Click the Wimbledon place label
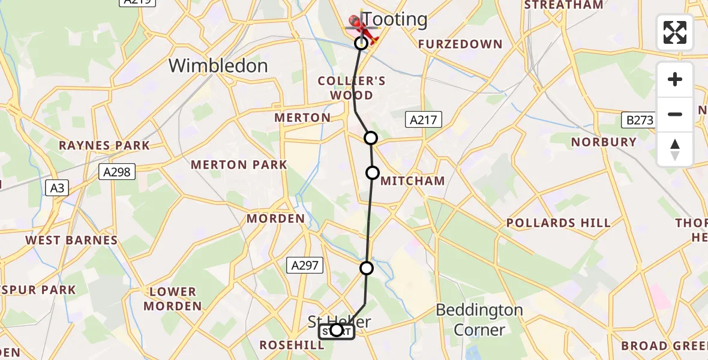(218, 65)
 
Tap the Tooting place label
(395, 19)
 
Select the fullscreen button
(675, 32)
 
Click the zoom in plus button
(675, 79)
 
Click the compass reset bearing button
(675, 149)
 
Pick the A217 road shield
(424, 120)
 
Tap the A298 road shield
(116, 172)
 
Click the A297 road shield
(306, 265)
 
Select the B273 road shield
(640, 120)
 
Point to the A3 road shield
(57, 188)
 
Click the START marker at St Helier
(337, 331)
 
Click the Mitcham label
(413, 181)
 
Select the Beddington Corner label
(479, 320)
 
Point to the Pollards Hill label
(558, 223)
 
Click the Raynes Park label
(104, 145)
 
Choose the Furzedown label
(460, 44)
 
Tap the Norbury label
(604, 142)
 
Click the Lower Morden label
(173, 299)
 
